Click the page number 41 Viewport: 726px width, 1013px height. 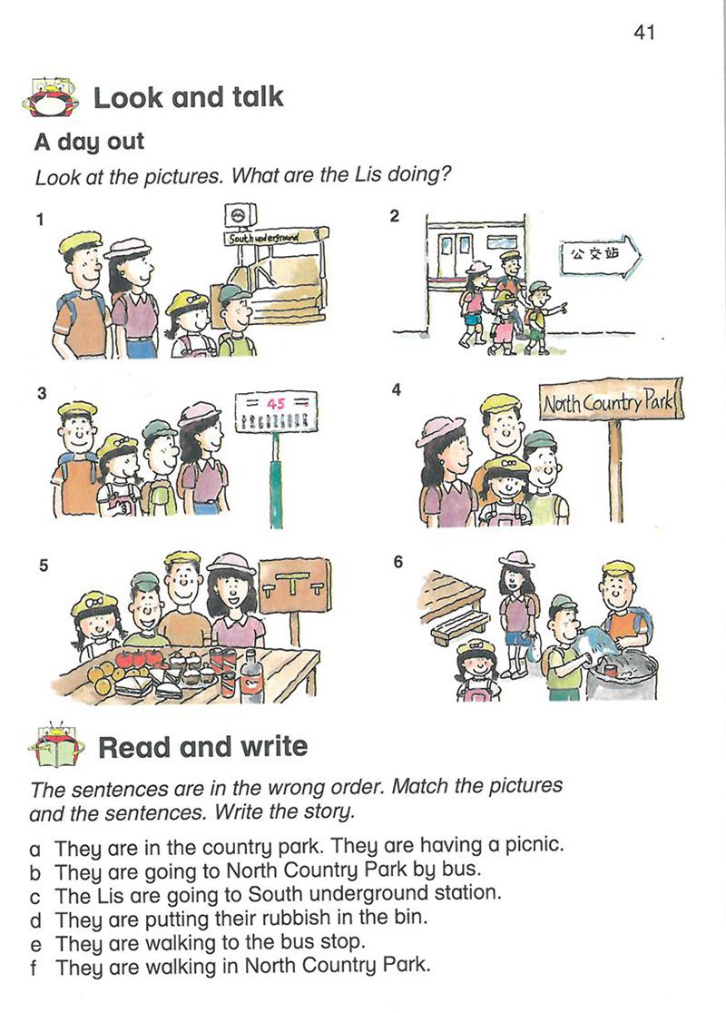(x=644, y=32)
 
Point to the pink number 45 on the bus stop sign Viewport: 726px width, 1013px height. (x=276, y=404)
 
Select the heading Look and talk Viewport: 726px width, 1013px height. (x=189, y=97)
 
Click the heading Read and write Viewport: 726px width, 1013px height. (x=202, y=747)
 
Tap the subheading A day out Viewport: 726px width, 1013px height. (x=89, y=143)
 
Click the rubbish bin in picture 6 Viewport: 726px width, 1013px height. (x=622, y=676)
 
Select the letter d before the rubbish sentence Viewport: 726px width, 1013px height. (x=35, y=920)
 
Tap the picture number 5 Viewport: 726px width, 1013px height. (x=44, y=566)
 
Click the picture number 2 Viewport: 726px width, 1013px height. (x=395, y=216)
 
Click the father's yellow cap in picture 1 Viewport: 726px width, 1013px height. (x=80, y=243)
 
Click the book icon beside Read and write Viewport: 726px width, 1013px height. (x=57, y=746)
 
